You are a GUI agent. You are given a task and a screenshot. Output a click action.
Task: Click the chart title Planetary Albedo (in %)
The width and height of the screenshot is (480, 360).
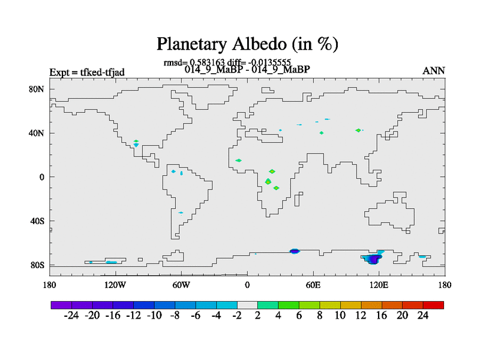(x=247, y=44)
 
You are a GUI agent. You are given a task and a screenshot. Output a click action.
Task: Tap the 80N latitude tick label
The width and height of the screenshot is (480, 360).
(x=37, y=89)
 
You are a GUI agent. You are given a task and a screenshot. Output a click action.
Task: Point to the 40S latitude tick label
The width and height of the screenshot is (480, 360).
(x=37, y=221)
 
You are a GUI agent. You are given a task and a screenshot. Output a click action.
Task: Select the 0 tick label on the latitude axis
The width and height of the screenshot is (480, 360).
(x=41, y=177)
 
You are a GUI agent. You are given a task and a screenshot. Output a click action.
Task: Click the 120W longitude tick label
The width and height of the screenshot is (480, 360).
(x=115, y=285)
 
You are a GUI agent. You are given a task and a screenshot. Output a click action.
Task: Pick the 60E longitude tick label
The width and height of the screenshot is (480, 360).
(x=313, y=285)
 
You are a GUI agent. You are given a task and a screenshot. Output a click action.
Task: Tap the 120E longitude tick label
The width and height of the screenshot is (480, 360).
(x=379, y=285)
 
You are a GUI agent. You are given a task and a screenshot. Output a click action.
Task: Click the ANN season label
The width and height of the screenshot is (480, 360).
(x=433, y=71)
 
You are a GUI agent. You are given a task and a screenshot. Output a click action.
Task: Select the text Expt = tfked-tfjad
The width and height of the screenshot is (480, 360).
(x=87, y=72)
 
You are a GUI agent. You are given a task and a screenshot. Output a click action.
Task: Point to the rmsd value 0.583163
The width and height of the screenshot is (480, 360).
(x=207, y=62)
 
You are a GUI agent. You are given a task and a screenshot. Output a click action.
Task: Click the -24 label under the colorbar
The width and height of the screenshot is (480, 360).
(x=71, y=316)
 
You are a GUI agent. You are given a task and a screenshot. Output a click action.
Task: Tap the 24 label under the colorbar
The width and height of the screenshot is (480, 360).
(x=423, y=316)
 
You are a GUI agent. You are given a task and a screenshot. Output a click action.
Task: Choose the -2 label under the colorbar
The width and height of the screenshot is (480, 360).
(x=237, y=316)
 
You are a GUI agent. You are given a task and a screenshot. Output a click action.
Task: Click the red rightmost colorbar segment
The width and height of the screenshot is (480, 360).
(x=433, y=305)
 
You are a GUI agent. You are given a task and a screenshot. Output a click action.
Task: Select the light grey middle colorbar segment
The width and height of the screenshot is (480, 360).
(x=247, y=305)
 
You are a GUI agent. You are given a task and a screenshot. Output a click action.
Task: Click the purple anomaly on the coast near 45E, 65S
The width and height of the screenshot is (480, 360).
(x=295, y=251)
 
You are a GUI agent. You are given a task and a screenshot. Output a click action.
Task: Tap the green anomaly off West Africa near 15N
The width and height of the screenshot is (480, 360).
(x=238, y=160)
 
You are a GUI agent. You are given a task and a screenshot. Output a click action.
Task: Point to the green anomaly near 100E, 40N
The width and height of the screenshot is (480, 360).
(x=358, y=130)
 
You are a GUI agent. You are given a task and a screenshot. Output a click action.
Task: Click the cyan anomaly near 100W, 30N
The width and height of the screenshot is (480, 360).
(x=136, y=145)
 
